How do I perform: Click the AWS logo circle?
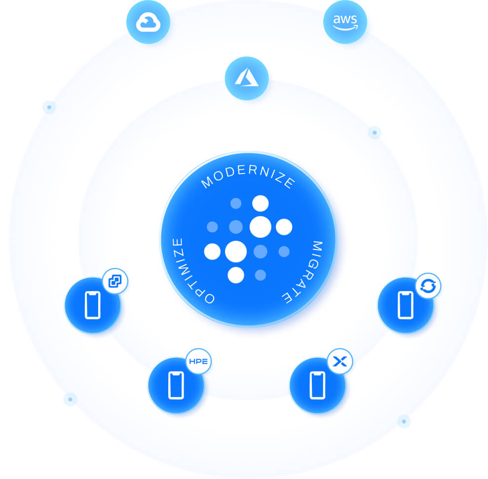[345, 22]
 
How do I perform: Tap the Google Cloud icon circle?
[148, 22]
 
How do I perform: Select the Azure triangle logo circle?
[247, 78]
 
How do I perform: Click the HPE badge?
[199, 362]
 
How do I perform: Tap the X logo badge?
[340, 362]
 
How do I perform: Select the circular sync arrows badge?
[428, 286]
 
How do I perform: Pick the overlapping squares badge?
[115, 282]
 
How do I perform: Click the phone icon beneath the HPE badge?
[176, 385]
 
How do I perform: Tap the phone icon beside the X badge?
[318, 385]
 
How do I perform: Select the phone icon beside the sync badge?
[406, 305]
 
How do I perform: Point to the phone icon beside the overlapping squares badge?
[93, 305]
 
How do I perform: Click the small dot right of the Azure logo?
[375, 132]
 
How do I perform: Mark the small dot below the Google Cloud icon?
[49, 107]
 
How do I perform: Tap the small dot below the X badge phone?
[404, 421]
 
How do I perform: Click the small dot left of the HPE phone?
[70, 399]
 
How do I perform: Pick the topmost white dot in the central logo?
[260, 203]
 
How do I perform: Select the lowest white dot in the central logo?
[236, 275]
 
